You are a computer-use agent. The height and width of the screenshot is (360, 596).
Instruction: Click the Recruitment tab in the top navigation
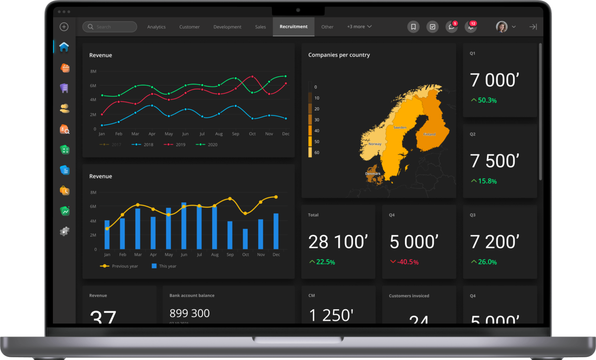click(x=293, y=26)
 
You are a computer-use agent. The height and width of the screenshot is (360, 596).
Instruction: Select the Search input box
click(x=110, y=27)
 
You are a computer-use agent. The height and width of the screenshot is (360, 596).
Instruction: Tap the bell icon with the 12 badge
click(x=470, y=27)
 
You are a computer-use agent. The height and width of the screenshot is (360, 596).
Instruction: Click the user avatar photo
click(x=501, y=27)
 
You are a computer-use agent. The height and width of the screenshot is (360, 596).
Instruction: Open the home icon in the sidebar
click(x=64, y=47)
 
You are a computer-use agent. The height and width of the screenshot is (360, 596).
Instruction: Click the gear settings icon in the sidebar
click(x=64, y=232)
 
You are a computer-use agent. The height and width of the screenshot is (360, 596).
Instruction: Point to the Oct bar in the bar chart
click(x=245, y=239)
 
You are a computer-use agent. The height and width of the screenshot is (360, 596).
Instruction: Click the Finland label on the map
click(x=429, y=134)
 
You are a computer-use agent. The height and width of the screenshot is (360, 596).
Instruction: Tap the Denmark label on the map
click(x=372, y=174)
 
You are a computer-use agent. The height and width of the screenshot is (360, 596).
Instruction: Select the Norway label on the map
click(x=375, y=144)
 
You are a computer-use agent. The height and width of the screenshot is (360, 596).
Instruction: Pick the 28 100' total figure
click(x=338, y=242)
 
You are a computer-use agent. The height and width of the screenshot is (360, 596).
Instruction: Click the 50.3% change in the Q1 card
click(x=487, y=101)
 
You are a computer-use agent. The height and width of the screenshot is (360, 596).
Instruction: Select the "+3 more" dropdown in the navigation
click(x=359, y=27)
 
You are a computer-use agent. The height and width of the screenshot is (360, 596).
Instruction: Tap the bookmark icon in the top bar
click(x=413, y=27)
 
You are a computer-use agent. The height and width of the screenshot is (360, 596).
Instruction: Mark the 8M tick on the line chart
click(x=93, y=72)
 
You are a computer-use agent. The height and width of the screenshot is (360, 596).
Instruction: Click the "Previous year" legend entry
click(x=124, y=266)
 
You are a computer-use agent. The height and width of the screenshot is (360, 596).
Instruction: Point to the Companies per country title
click(x=339, y=55)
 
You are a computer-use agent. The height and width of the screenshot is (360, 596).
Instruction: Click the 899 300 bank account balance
click(x=190, y=313)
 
